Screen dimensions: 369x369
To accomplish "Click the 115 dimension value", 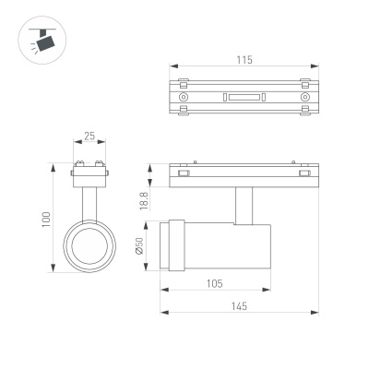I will coord(244,60).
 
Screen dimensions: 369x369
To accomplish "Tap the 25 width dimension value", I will coord(89,137).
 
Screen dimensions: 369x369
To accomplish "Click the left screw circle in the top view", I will coord(184,97).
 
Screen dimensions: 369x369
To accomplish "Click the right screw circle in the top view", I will coord(304,97).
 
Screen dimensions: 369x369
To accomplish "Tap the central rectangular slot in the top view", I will coord(244,97).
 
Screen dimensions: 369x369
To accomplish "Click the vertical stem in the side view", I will coord(244,204).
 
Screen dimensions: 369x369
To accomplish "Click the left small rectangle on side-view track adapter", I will coord(184,173).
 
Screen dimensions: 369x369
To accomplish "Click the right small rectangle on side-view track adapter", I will coord(304,173).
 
